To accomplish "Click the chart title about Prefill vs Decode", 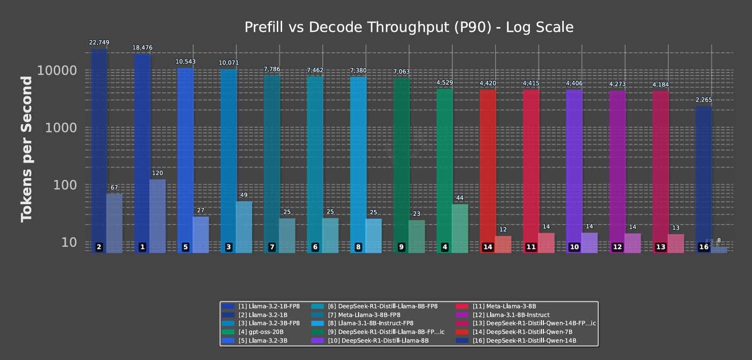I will pyautogui.click(x=409, y=27).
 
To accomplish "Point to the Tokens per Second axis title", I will pyautogui.click(x=27, y=149).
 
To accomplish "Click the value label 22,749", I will pyautogui.click(x=99, y=43).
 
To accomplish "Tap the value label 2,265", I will pyautogui.click(x=704, y=100).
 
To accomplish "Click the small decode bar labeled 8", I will pyautogui.click(x=719, y=250).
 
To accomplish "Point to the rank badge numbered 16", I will pyautogui.click(x=704, y=247).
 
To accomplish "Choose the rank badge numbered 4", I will pyautogui.click(x=445, y=247).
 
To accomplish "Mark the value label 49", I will pyautogui.click(x=244, y=195).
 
